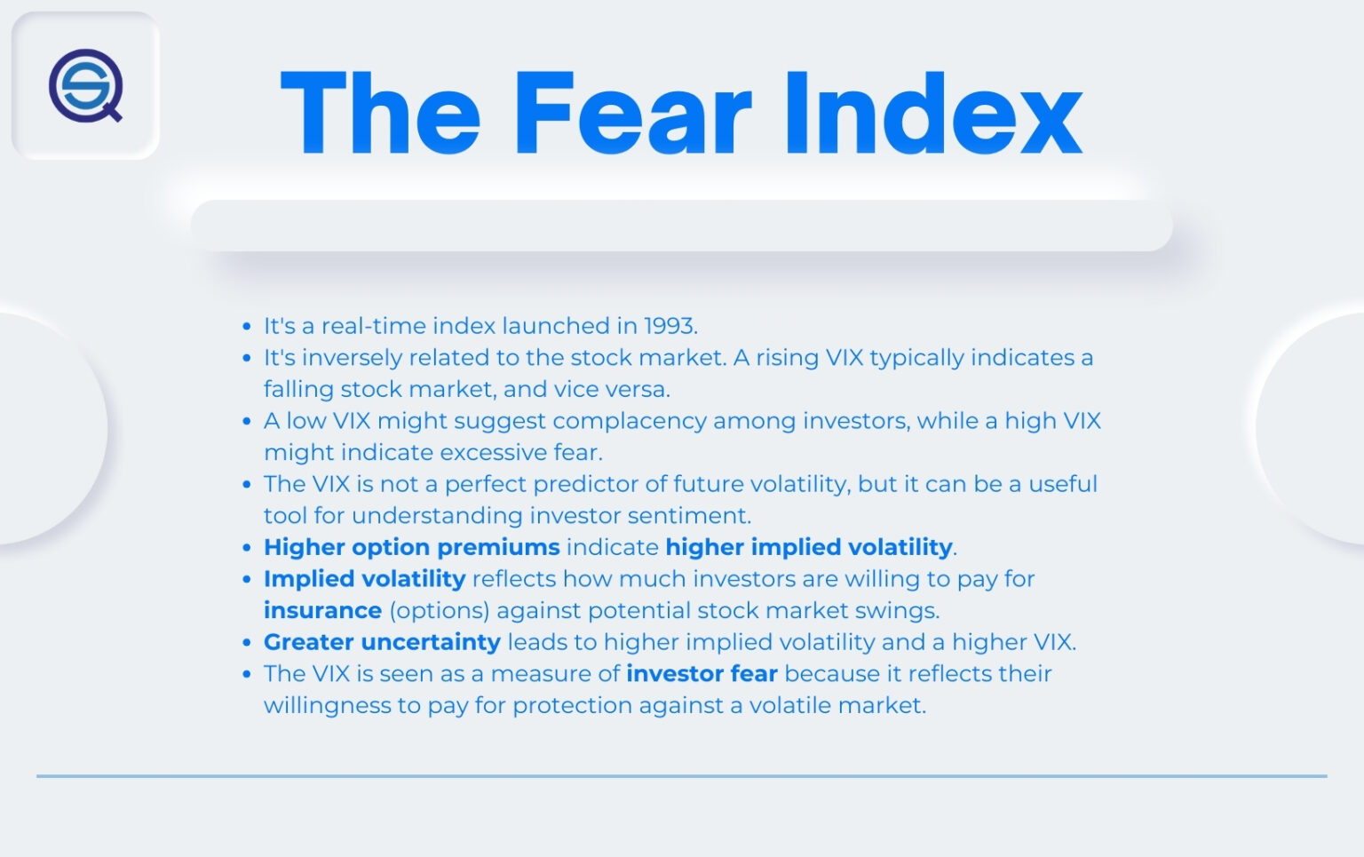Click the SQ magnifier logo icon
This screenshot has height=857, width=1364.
pos(85,85)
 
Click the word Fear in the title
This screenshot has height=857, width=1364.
pos(632,114)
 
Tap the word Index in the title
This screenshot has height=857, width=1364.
pos(932,114)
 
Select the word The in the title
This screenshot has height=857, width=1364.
pos(380,114)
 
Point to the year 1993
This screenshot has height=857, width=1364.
pos(670,326)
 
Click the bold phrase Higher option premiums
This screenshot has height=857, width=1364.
pos(411,547)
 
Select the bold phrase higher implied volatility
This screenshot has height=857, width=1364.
pos(808,547)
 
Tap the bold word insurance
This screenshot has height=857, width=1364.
pos(322,611)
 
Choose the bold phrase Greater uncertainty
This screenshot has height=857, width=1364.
pos(382,642)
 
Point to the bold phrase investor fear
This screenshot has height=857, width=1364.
pos(702,674)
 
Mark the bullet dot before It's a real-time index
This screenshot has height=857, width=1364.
pos(247,327)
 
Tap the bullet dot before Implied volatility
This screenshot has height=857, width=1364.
pos(247,580)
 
